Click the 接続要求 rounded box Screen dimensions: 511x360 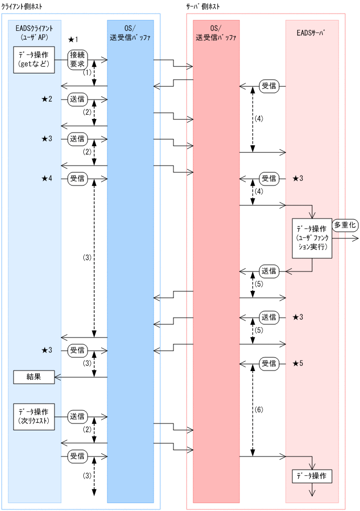(77, 60)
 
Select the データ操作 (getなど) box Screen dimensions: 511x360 (34, 59)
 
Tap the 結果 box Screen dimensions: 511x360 (34, 376)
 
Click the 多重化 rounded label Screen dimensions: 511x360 (344, 224)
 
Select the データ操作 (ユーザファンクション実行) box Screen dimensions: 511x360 (312, 237)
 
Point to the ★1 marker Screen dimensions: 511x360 (73, 40)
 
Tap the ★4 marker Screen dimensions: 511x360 (47, 179)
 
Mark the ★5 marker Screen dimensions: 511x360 (298, 363)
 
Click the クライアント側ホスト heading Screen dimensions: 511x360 (22, 6)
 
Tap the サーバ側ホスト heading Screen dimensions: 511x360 (203, 6)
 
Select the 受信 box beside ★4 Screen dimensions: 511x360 (77, 179)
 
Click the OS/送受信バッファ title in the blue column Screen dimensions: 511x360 (130, 32)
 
